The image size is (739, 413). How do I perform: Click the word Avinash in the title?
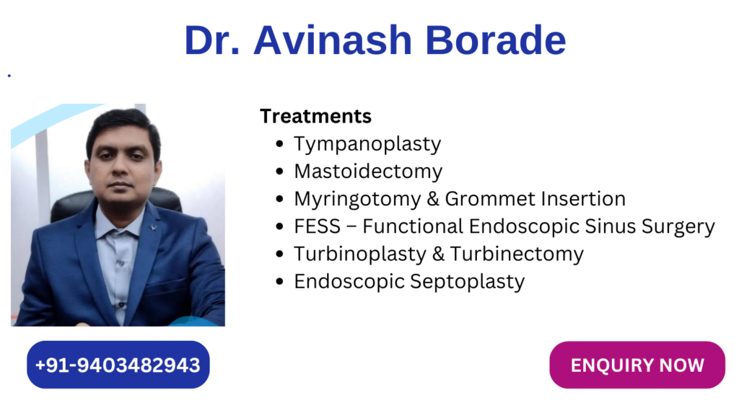(x=333, y=40)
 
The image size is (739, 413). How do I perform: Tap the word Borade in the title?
(x=495, y=40)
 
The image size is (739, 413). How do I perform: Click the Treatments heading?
(x=316, y=116)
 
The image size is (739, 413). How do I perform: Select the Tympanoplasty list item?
(x=367, y=144)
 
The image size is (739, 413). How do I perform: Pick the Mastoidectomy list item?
(x=368, y=172)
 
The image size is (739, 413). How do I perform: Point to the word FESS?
(x=318, y=226)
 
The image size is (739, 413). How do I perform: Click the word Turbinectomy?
(x=517, y=254)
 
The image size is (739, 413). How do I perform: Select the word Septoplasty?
(x=467, y=282)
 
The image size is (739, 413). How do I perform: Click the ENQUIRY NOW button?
(x=637, y=365)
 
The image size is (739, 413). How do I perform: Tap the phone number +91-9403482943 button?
(x=118, y=365)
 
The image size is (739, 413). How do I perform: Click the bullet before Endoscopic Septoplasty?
(x=279, y=282)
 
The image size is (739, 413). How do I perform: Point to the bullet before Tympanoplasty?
(x=279, y=143)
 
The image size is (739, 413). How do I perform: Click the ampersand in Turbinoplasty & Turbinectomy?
(x=438, y=254)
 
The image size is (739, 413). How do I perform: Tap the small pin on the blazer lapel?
(x=154, y=227)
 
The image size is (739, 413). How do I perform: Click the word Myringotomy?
(x=357, y=199)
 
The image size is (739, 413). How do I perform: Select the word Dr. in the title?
(x=212, y=40)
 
